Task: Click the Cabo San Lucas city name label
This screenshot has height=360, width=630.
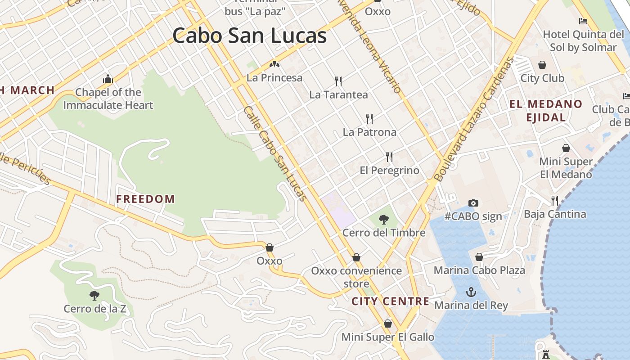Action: coord(249,36)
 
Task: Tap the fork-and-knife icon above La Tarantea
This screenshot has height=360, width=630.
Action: coord(338,81)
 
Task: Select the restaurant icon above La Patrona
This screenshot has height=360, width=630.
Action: coord(369,118)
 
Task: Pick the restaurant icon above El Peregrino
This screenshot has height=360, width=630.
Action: coord(389,157)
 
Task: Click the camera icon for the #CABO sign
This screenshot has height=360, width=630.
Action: coord(473,203)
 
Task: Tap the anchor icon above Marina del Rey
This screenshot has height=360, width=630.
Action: coord(471,292)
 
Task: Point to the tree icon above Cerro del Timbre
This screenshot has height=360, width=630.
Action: coord(384,219)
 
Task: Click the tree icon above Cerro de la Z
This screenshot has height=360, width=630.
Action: coord(94,295)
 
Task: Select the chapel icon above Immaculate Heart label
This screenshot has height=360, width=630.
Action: coord(108,79)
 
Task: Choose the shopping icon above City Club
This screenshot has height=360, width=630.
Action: coord(542,65)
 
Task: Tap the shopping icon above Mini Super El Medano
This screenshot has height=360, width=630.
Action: coord(566,148)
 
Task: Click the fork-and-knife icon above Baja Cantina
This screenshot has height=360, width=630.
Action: coord(555,200)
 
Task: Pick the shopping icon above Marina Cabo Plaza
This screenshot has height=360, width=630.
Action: coord(479,257)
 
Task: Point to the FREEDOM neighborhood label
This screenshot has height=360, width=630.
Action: coord(145,199)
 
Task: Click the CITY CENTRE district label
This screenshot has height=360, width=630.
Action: coord(391,301)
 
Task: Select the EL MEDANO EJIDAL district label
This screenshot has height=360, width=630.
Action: coord(546,111)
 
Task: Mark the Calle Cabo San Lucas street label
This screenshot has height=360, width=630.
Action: coord(275,153)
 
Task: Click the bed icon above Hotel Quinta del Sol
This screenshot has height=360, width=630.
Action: coord(583,21)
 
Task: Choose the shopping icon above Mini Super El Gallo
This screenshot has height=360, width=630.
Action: coord(388,324)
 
